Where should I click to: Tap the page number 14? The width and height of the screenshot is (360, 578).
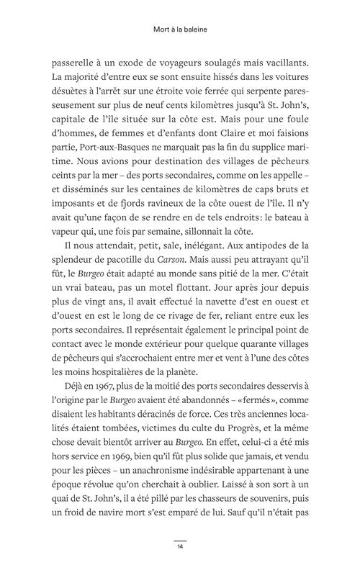pos(180,547)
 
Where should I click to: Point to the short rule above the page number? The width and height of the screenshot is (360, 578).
pos(180,540)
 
